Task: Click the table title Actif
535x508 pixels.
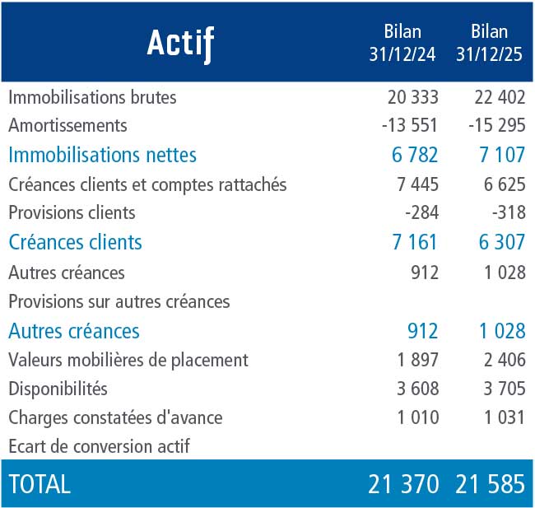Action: [x=180, y=44]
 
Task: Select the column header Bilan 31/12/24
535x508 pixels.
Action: [x=402, y=43]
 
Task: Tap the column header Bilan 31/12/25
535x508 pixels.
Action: [x=489, y=43]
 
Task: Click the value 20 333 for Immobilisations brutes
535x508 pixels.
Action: [x=413, y=97]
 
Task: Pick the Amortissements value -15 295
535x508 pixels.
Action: [x=497, y=125]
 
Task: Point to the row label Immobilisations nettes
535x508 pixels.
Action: [x=102, y=155]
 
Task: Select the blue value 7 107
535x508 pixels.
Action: [x=502, y=155]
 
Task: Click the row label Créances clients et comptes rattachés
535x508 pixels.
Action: [x=147, y=185]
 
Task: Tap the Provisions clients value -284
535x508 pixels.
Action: [x=421, y=212]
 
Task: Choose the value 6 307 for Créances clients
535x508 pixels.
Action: [x=501, y=242]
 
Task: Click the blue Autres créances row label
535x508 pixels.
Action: [x=74, y=331]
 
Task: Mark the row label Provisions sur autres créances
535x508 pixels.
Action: [x=119, y=302]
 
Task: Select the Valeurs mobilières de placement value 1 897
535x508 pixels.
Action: [x=418, y=360]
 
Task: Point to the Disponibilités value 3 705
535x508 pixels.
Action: [x=505, y=389]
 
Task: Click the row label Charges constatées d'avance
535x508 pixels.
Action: [x=115, y=417]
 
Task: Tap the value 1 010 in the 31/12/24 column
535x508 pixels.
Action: [x=418, y=417]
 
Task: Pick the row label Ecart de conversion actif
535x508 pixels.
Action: [x=99, y=446]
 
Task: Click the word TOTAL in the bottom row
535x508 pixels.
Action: [x=40, y=484]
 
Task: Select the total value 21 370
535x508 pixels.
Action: [x=403, y=484]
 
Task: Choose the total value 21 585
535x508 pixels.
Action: [x=490, y=484]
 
